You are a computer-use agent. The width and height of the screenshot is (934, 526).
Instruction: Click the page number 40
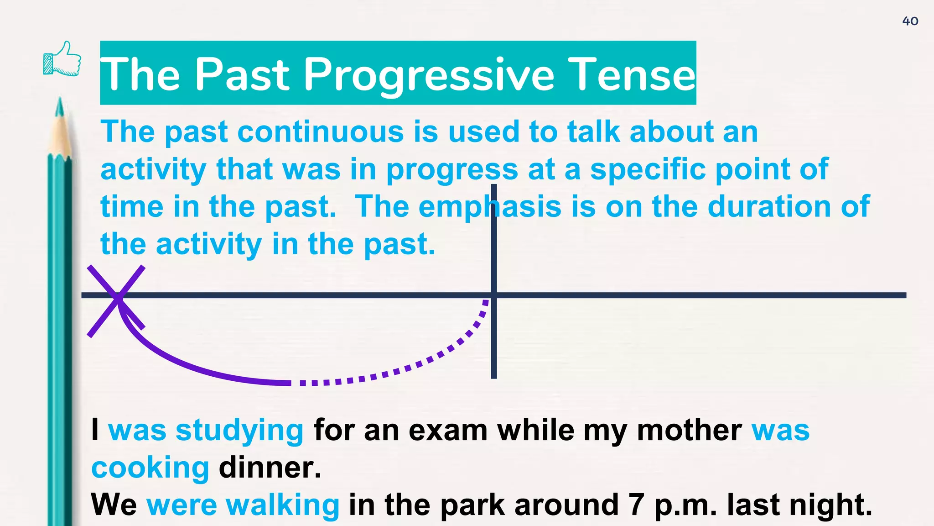(910, 21)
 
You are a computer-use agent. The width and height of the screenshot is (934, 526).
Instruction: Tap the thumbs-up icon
(62, 59)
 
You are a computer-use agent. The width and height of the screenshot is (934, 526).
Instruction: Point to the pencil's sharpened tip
(59, 105)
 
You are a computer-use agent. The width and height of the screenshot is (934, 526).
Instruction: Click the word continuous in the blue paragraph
(320, 132)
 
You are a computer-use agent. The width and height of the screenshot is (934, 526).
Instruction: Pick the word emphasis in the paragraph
(490, 207)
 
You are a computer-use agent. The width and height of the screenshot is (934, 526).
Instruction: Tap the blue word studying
(239, 431)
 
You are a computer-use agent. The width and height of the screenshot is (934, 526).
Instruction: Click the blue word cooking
(150, 468)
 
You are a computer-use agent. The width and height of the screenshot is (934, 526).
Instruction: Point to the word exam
(448, 431)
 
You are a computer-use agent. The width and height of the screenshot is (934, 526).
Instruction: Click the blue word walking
(282, 505)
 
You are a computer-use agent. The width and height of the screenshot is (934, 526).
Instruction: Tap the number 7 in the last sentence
(636, 505)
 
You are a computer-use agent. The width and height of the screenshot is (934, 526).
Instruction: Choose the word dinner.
(270, 468)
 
